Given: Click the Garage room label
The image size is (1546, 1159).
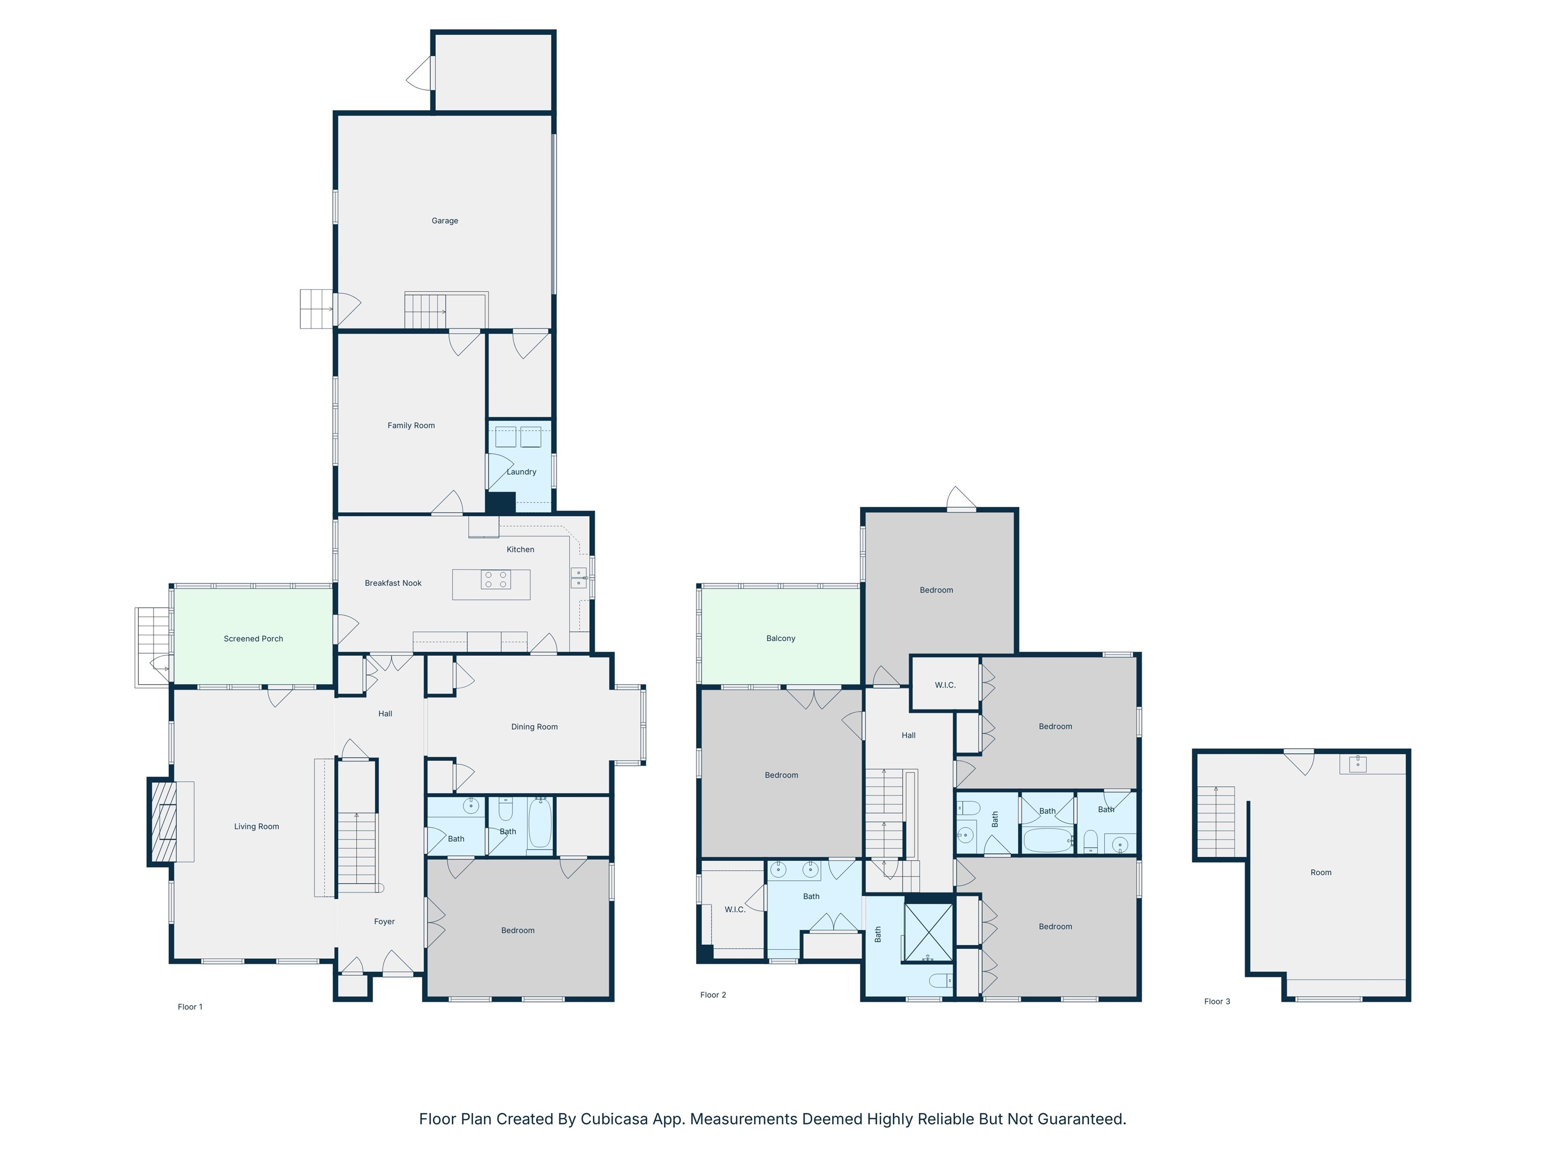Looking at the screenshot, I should (444, 221).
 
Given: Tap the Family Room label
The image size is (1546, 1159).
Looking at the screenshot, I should (411, 426).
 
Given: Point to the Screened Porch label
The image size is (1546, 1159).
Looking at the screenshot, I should (253, 638).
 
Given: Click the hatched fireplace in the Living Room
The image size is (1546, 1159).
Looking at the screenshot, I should (164, 821).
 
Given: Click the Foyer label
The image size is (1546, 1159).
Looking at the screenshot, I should (384, 922).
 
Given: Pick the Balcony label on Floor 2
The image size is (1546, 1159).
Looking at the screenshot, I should (781, 638).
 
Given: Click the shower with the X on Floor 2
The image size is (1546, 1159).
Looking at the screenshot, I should (928, 933).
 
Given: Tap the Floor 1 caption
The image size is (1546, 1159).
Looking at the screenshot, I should (190, 1007).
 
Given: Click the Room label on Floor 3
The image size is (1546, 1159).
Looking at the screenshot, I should (1320, 873).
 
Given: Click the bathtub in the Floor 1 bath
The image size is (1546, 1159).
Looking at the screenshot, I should (539, 824).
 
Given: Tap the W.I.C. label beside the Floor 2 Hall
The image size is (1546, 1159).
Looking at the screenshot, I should (945, 685).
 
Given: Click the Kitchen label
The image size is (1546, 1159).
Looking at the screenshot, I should (520, 550).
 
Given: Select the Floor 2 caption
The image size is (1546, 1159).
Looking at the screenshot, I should (713, 995).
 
